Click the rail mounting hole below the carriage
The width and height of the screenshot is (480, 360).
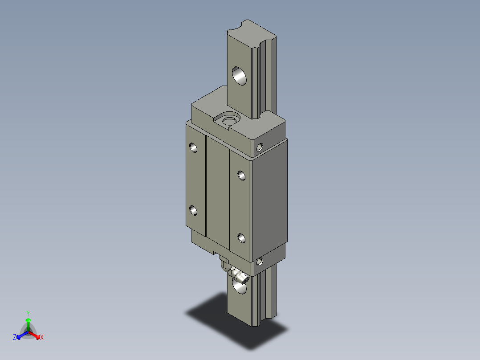[x=240, y=286]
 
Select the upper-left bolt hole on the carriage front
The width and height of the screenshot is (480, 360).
[x=193, y=147]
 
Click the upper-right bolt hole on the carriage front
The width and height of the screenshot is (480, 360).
[x=242, y=175]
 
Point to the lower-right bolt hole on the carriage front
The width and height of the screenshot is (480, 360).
[x=242, y=238]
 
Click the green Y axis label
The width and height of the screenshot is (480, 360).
[x=28, y=313]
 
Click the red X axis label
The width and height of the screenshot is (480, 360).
[x=42, y=338]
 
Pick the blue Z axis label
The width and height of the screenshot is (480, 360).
[x=15, y=338]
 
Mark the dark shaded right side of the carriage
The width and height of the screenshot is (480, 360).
[x=269, y=200]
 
